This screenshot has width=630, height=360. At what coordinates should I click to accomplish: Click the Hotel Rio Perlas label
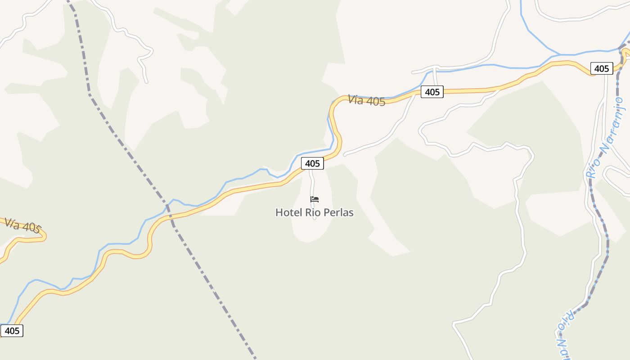314,212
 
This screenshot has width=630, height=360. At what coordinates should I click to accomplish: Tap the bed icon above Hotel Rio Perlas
315,199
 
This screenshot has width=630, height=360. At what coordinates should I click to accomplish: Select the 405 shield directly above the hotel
312,163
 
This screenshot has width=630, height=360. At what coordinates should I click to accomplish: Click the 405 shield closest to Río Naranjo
601,68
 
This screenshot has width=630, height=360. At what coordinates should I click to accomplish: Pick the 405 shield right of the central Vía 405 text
432,92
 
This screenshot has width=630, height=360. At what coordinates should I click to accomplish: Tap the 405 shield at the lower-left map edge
12,331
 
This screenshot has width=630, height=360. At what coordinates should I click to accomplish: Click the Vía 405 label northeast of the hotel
366,100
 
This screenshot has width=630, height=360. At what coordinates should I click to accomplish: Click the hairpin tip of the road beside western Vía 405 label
45,237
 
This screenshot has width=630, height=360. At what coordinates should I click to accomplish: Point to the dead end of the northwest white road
146,82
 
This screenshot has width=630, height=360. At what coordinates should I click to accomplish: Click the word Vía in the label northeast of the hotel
355,99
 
